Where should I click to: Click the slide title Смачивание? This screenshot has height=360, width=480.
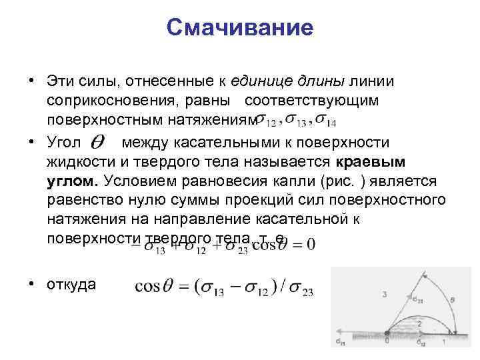click(x=239, y=28)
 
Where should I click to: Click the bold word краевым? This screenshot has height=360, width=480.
click(x=373, y=162)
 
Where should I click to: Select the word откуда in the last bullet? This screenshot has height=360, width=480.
click(x=71, y=285)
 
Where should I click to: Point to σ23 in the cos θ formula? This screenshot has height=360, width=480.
click(x=302, y=289)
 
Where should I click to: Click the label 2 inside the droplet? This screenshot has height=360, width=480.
click(x=418, y=321)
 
